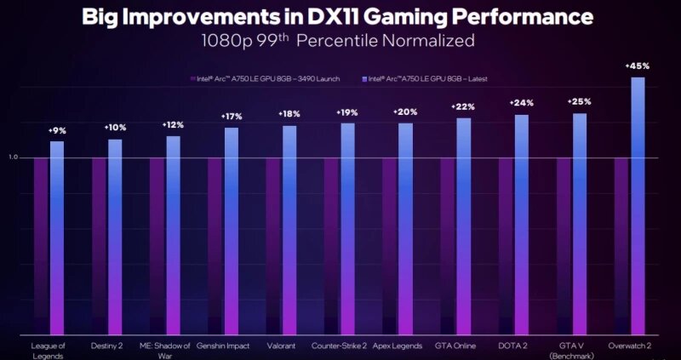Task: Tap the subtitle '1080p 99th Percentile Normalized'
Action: tap(338, 40)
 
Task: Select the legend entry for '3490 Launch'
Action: tap(266, 78)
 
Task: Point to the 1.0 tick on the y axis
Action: tap(13, 157)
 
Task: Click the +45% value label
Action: tap(636, 66)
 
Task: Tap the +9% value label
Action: tap(57, 130)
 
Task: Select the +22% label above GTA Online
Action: tap(463, 106)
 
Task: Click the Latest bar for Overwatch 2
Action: tap(637, 204)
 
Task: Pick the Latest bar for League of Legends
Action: tap(57, 238)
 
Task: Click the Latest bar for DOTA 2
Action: tap(521, 226)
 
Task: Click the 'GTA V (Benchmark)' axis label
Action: tap(573, 350)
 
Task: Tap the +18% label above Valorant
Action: tap(290, 114)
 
